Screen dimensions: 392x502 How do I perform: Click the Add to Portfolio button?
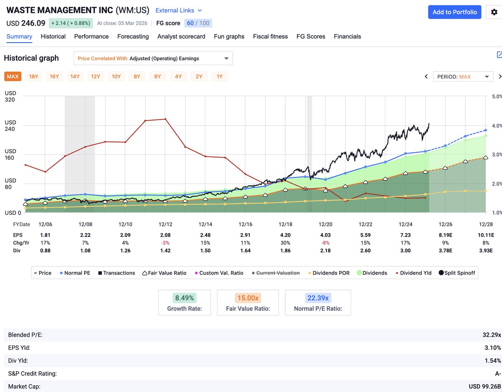[x=454, y=12]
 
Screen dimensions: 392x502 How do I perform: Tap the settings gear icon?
[x=494, y=12]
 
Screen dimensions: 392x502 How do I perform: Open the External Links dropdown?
[x=179, y=10]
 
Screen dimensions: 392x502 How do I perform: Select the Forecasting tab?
[x=133, y=36]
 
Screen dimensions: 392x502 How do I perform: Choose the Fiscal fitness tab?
[x=270, y=36]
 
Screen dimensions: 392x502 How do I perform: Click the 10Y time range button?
[x=116, y=76]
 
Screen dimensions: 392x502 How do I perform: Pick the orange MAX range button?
[x=13, y=76]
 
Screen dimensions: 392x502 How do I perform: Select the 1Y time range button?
[x=219, y=76]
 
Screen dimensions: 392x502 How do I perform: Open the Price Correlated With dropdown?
[x=153, y=59]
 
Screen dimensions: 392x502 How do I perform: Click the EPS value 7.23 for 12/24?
[x=405, y=235]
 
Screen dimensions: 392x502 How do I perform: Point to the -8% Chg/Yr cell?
[x=325, y=243]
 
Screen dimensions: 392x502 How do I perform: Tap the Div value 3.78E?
[x=446, y=251]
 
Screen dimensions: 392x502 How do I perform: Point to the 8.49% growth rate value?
[x=184, y=298]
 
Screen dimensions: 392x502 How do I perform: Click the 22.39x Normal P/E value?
[x=318, y=298]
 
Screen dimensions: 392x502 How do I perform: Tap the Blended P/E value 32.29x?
[x=492, y=335]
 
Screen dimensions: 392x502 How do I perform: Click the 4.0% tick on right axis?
[x=496, y=126]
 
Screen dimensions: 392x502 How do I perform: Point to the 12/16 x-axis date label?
[x=246, y=224]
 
